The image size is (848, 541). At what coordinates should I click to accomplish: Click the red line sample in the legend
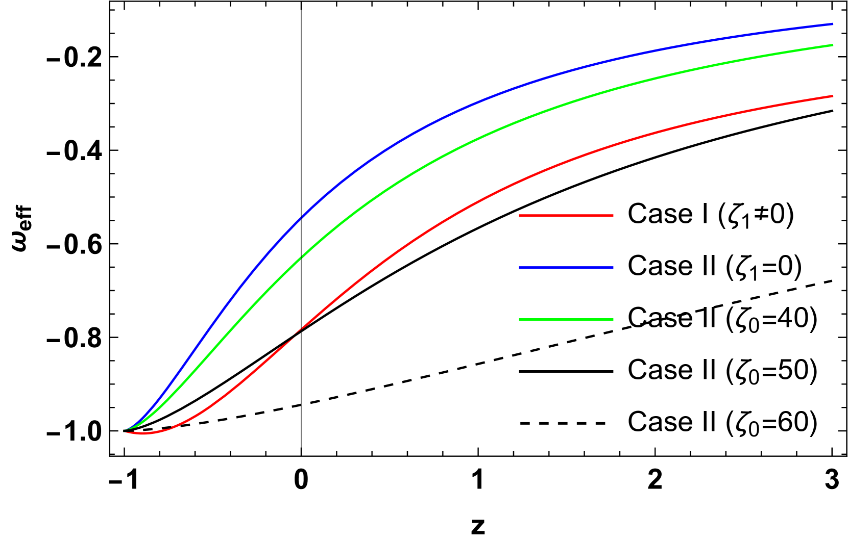pos(566,216)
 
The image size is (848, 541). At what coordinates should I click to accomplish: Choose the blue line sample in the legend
pos(566,268)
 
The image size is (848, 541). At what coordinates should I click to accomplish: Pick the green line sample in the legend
pos(566,320)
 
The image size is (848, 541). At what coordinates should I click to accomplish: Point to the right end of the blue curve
pos(832,23)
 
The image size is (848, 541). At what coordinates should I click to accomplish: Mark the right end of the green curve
pos(832,45)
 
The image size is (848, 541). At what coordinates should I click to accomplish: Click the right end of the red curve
pos(832,96)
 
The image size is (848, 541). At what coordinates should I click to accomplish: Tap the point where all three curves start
pos(124,431)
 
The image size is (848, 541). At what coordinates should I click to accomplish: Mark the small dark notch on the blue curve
pos(301,218)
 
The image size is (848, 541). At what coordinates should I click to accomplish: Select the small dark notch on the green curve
pos(301,258)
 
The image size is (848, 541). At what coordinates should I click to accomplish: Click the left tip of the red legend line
pos(520,216)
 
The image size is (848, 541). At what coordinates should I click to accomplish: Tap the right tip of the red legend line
pos(613,216)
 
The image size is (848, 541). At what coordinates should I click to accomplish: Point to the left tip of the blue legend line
pos(520,268)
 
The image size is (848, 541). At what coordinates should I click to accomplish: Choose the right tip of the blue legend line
pos(613,268)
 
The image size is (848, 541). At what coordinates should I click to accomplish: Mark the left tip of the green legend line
pos(520,320)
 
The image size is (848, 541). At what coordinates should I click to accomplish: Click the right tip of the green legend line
pos(613,320)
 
